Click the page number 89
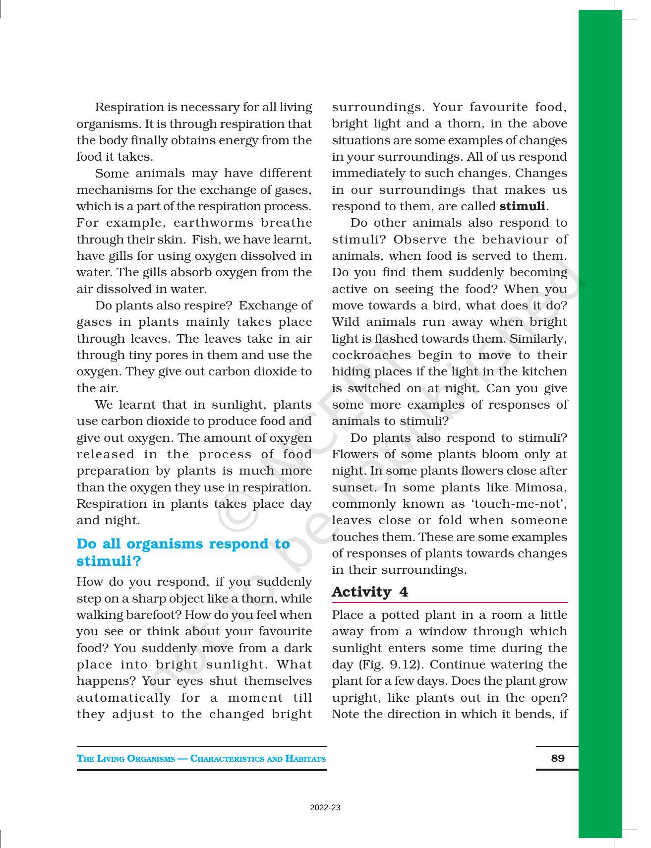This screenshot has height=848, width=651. point(557,758)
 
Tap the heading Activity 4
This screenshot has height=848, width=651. point(370,592)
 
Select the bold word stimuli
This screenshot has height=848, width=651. point(522,206)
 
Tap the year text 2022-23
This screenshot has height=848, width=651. point(325,808)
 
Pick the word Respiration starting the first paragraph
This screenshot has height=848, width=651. point(129,107)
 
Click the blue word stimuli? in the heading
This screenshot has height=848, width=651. point(109,561)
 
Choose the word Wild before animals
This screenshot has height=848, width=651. point(346,322)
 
